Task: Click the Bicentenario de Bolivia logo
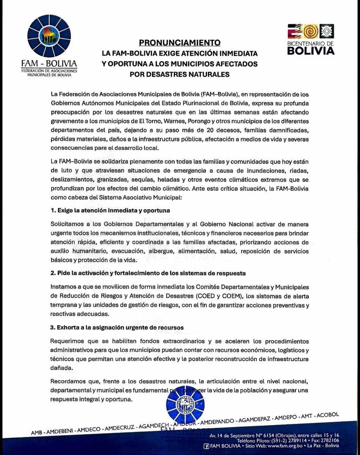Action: [x=310, y=39]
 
